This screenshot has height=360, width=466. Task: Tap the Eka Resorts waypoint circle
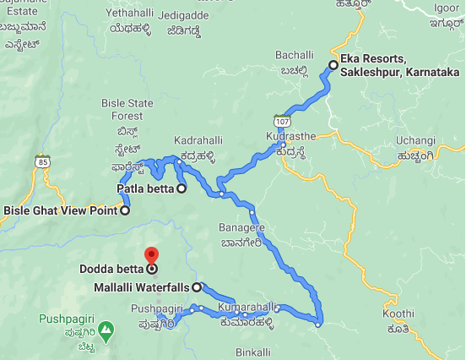tap(333, 65)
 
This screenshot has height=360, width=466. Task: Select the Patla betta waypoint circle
tap(181, 188)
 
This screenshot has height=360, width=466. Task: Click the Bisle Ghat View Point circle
tap(125, 210)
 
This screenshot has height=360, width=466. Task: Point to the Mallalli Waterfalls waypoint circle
tap(197, 287)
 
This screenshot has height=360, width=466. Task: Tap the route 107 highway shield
tap(279, 121)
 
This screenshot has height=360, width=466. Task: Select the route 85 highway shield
tap(41, 161)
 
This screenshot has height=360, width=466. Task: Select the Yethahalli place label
tap(130, 14)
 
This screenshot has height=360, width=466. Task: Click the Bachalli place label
tap(294, 55)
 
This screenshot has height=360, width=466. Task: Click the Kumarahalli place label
tap(247, 306)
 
